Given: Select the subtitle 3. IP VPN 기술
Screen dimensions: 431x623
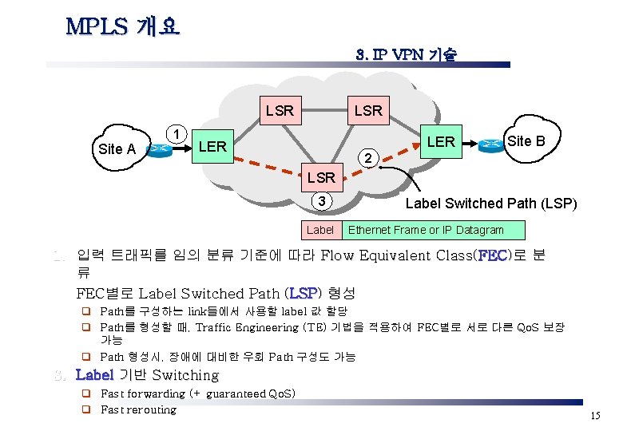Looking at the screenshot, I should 406,55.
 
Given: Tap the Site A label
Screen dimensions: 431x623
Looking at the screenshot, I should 117,149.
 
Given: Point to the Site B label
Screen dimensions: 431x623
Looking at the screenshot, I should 526,141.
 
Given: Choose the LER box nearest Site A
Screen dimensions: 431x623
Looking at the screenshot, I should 212,147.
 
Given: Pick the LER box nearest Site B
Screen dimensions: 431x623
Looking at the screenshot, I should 441,142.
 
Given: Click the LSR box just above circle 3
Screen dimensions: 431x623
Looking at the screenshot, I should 321,176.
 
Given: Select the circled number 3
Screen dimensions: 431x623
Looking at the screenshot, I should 320,202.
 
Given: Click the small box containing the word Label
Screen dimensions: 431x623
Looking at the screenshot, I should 320,230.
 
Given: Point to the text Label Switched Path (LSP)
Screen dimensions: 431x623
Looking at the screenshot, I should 491,204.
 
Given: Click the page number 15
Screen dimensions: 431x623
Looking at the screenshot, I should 594,416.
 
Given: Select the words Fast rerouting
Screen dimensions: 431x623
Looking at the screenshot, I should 138,409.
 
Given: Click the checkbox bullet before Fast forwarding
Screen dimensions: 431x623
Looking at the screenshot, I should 83,393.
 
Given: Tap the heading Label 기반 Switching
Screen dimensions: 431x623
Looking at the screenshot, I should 147,375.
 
